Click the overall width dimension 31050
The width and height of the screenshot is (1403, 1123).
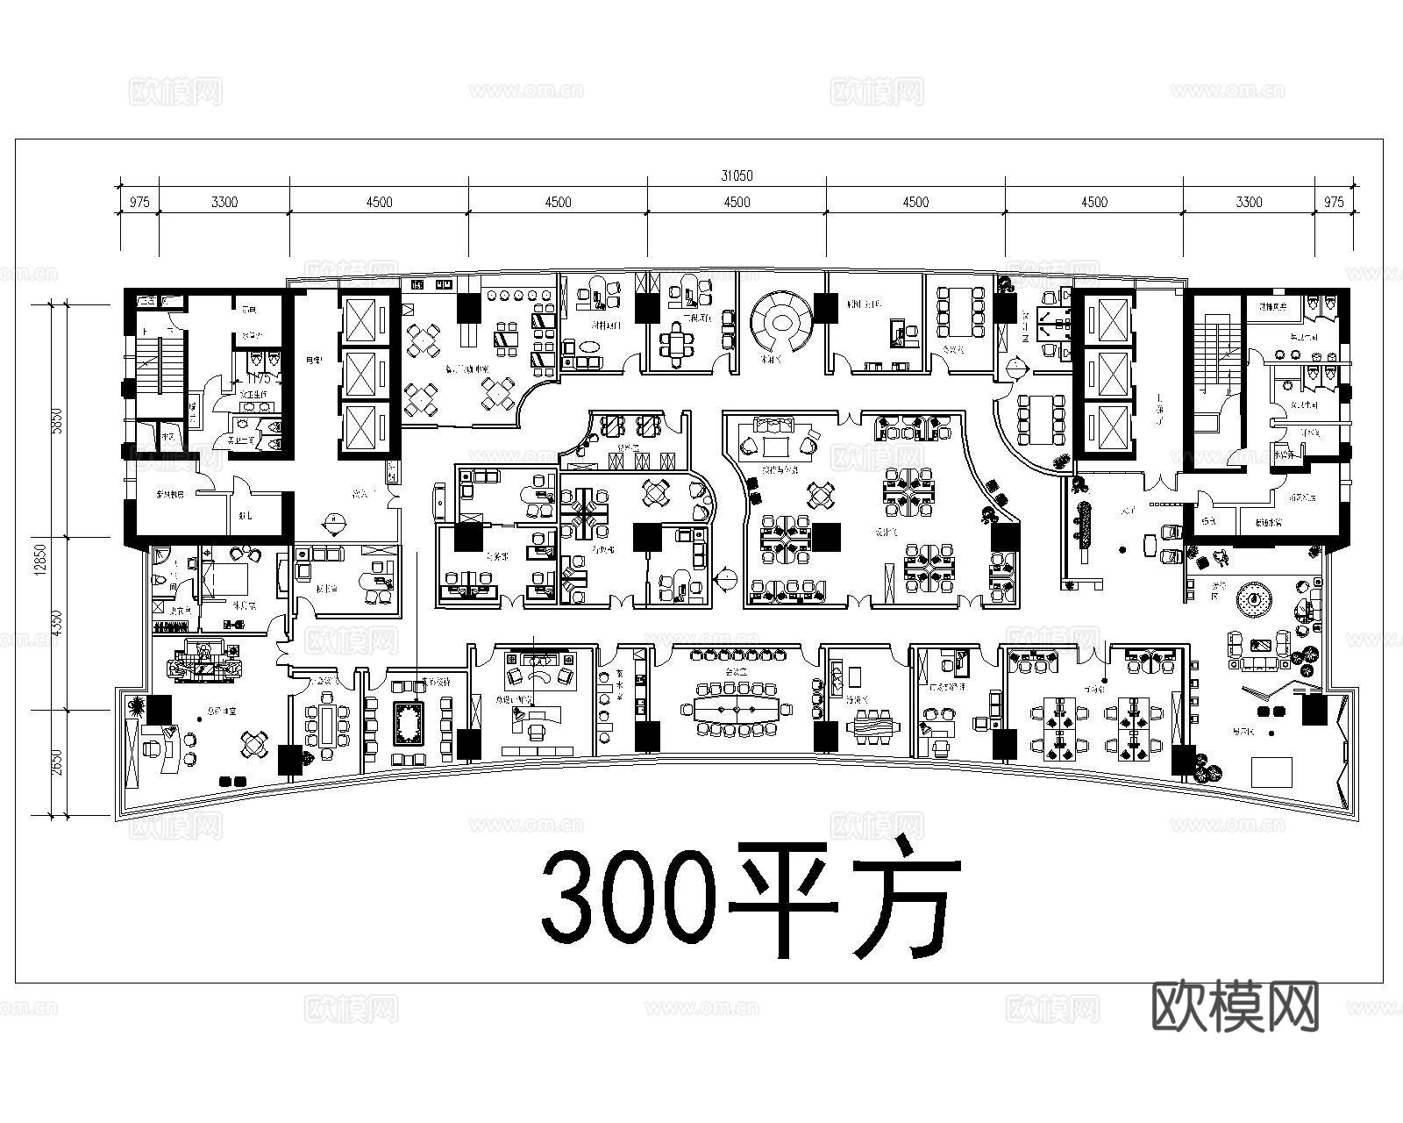(737, 175)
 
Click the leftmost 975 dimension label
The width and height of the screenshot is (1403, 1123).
(139, 202)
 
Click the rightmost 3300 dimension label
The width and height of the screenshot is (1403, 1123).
(1249, 202)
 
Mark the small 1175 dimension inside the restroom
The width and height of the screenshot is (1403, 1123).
(258, 378)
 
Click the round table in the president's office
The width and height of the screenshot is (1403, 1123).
(254, 745)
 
